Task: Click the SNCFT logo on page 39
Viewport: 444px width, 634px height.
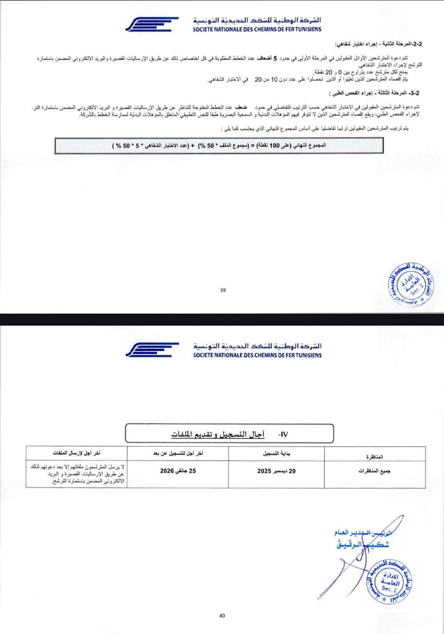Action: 152,24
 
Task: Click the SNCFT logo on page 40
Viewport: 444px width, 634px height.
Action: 152,350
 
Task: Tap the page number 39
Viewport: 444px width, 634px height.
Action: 223,290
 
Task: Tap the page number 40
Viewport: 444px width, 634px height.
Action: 222,615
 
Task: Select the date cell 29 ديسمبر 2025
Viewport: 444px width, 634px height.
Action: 277,471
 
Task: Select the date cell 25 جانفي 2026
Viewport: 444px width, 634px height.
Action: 178,471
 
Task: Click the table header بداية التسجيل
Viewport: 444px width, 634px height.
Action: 277,454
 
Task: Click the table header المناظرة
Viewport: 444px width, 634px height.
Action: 374,457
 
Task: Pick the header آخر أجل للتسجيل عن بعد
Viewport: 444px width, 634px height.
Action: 178,453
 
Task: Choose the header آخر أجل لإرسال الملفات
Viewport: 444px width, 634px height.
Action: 77,453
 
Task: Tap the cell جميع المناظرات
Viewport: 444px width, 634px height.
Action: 374,471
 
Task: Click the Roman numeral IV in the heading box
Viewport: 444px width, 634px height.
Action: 283,434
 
